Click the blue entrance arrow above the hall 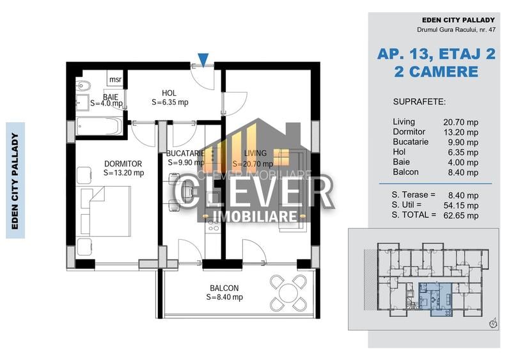point(203,60)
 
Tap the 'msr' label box point(115,80)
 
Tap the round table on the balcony point(288,292)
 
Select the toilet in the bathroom point(83,86)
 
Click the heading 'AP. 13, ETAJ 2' point(436,55)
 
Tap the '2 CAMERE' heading point(436,72)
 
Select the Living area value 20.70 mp point(460,121)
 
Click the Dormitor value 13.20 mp point(460,132)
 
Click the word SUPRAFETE point(419,102)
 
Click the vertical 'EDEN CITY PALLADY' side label point(15,180)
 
